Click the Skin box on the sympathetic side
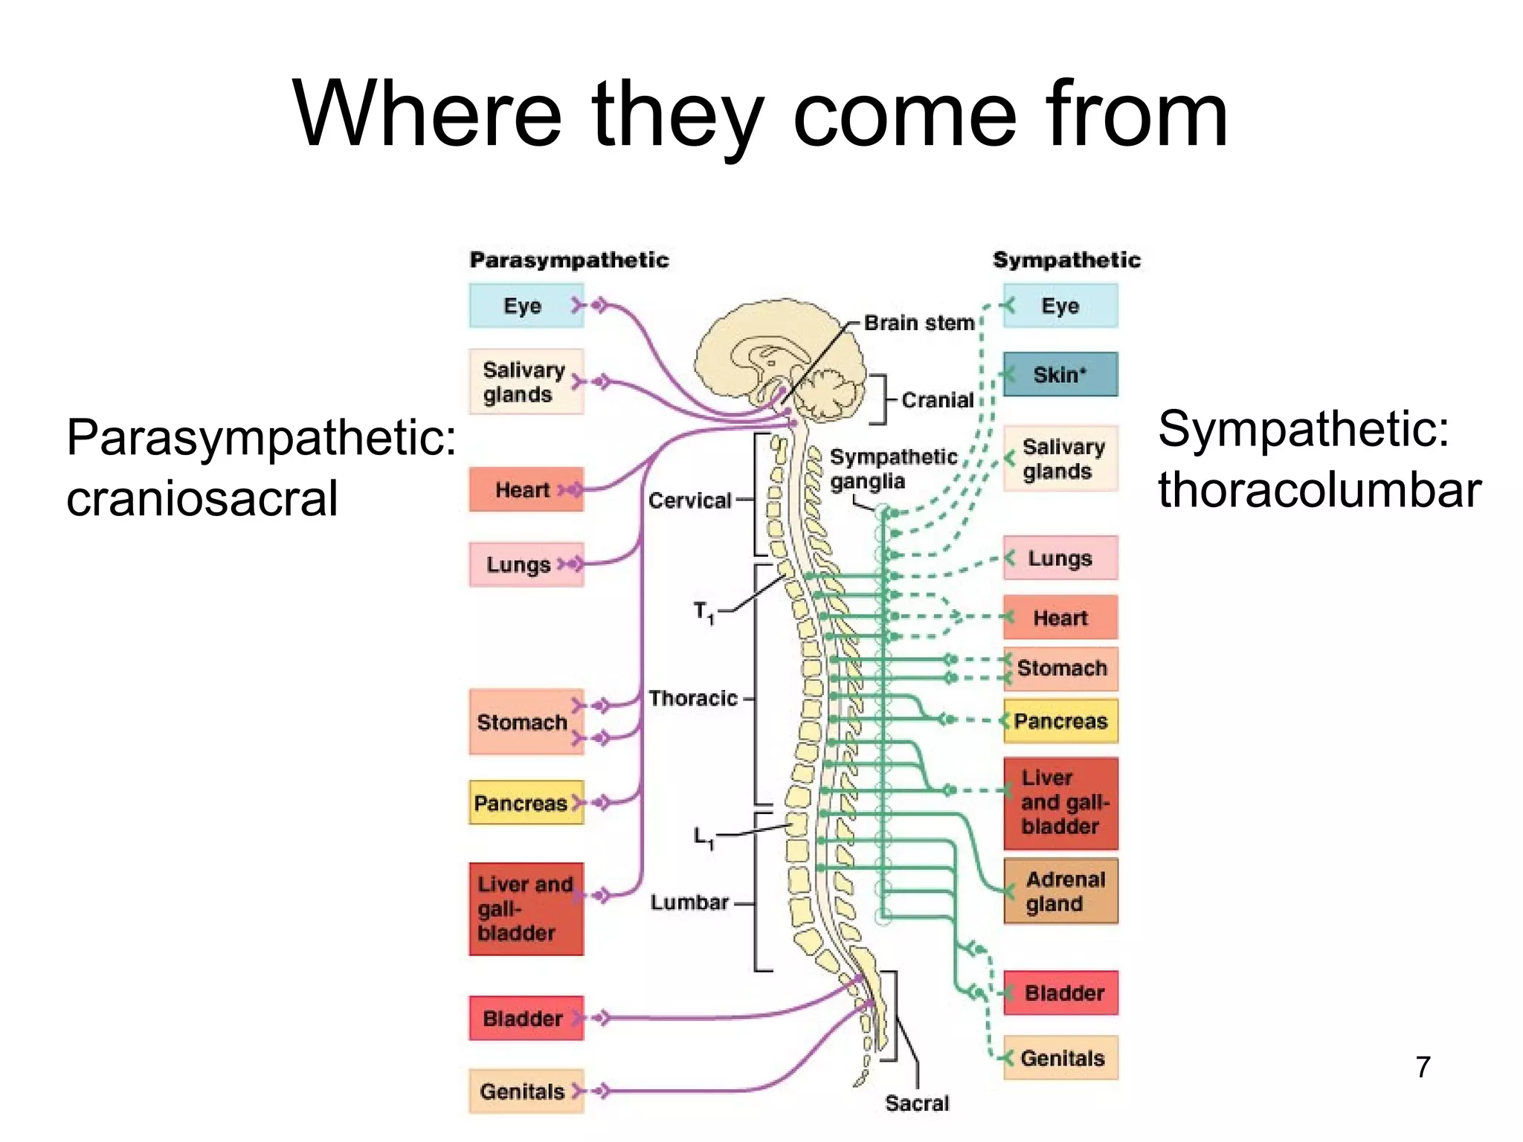pyautogui.click(x=1060, y=375)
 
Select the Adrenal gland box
pyautogui.click(x=1060, y=891)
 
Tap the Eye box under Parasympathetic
pyautogui.click(x=525, y=306)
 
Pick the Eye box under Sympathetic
pyautogui.click(x=1060, y=306)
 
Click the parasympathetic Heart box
pyautogui.click(x=525, y=490)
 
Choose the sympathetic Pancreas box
pyautogui.click(x=1060, y=721)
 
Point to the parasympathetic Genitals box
pyautogui.click(x=525, y=1091)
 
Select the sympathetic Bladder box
pyautogui.click(x=1060, y=993)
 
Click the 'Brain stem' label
pyautogui.click(x=919, y=323)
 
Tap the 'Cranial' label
pyautogui.click(x=937, y=400)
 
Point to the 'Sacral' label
pyautogui.click(x=917, y=1103)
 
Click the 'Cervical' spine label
pyautogui.click(x=689, y=500)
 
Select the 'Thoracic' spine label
pyautogui.click(x=692, y=698)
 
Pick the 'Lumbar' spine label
pyautogui.click(x=689, y=902)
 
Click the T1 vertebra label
pyautogui.click(x=703, y=613)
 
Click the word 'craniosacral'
pyautogui.click(x=202, y=497)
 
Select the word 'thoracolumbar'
pyautogui.click(x=1319, y=491)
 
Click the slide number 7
pyautogui.click(x=1423, y=1067)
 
